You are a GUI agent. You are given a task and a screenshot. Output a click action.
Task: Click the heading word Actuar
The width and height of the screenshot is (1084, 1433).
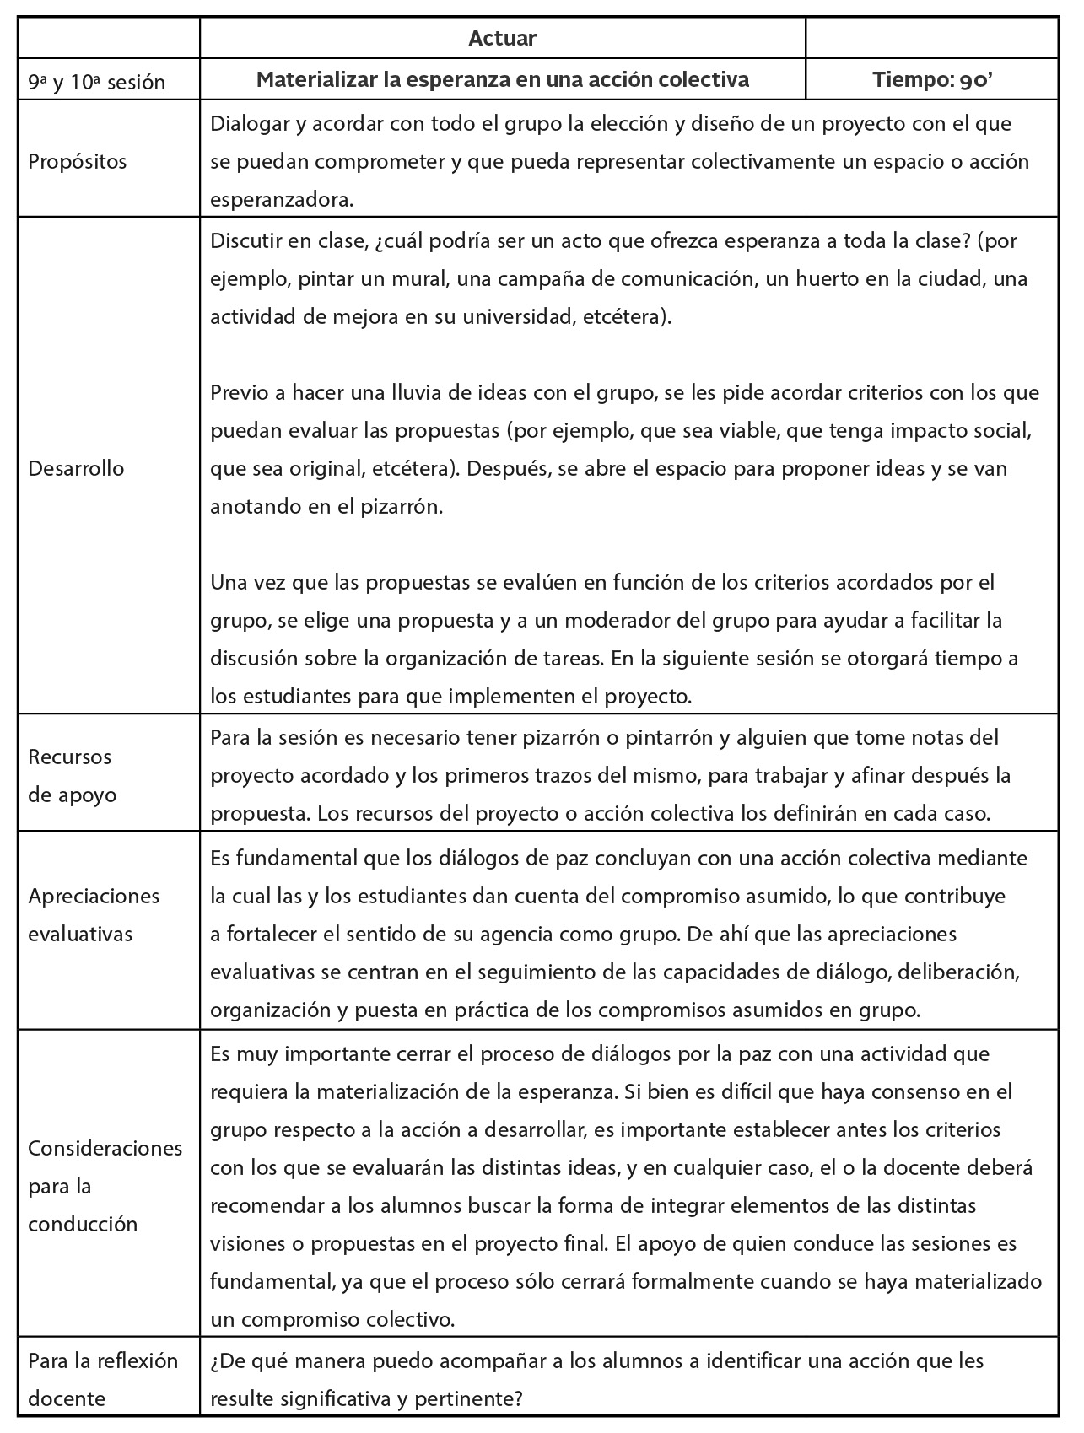tap(502, 38)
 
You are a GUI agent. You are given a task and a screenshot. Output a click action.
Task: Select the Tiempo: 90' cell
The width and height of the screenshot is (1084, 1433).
tap(931, 80)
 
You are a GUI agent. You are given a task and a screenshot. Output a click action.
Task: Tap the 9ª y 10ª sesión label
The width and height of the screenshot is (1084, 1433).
tap(96, 82)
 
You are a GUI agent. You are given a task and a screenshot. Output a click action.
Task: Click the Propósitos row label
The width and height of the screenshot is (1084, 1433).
tap(78, 161)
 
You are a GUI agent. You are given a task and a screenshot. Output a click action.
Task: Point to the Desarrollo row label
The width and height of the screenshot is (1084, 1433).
tap(76, 468)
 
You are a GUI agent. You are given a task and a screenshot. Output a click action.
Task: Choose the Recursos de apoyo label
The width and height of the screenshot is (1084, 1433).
tap(73, 775)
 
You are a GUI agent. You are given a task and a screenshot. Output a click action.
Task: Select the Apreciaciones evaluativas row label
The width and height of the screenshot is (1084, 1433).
tap(94, 914)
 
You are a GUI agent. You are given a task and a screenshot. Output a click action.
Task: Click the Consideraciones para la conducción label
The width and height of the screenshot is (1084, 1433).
tap(105, 1185)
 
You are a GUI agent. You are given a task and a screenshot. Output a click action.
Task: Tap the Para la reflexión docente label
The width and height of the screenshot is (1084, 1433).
tap(103, 1379)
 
